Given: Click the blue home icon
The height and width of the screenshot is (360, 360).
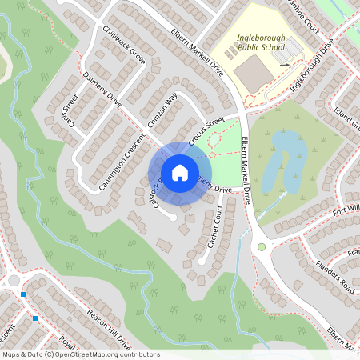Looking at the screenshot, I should (x=180, y=172).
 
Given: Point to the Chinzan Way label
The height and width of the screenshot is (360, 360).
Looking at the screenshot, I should (x=162, y=111).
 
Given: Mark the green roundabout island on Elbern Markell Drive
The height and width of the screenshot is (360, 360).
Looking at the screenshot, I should (x=261, y=247).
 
